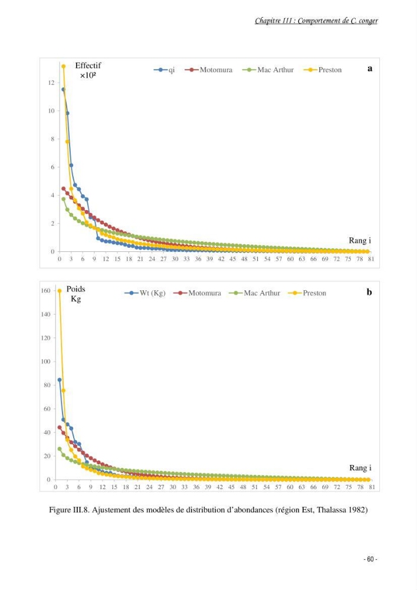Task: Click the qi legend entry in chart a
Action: (x=165, y=70)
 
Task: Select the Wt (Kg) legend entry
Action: (x=145, y=293)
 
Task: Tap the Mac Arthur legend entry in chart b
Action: (x=255, y=293)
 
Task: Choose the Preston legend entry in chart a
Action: (x=323, y=70)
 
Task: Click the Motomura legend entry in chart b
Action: (x=198, y=293)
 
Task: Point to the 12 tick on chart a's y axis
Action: (x=51, y=83)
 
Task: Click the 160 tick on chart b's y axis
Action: (x=45, y=290)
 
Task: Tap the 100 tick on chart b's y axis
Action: (x=45, y=361)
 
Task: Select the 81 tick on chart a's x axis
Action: (x=371, y=259)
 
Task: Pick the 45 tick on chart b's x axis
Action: (x=231, y=487)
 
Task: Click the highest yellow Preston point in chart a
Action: (x=64, y=67)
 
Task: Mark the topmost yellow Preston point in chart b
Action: (x=60, y=291)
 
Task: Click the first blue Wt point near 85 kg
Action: (x=60, y=379)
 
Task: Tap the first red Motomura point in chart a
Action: (x=64, y=189)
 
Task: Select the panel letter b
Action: (x=369, y=292)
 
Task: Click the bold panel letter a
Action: (x=370, y=68)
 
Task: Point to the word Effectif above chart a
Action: (x=88, y=65)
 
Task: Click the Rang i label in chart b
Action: (x=360, y=468)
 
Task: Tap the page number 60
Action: (x=370, y=559)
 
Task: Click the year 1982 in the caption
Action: (x=358, y=510)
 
